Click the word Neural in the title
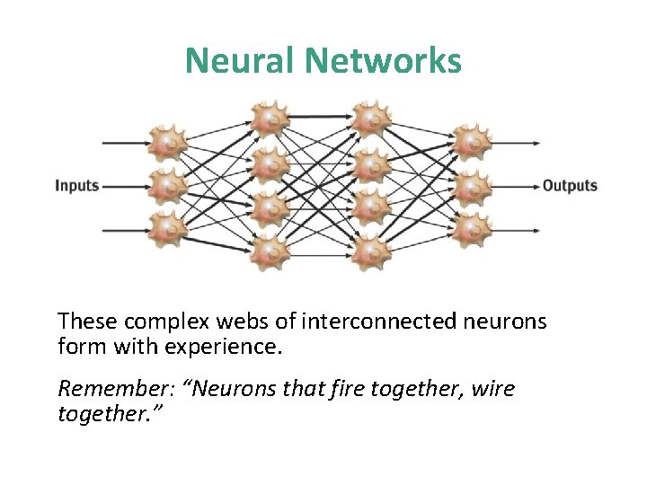(241, 61)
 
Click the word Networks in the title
(385, 61)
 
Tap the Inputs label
(76, 186)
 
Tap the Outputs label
(570, 186)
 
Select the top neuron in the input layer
(167, 143)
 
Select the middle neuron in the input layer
(167, 186)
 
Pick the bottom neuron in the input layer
(167, 230)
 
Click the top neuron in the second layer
(269, 117)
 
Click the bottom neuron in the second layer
(269, 252)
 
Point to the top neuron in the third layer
(368, 117)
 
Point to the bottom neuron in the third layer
(368, 252)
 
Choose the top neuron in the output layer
(470, 143)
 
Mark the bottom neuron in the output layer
(470, 230)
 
